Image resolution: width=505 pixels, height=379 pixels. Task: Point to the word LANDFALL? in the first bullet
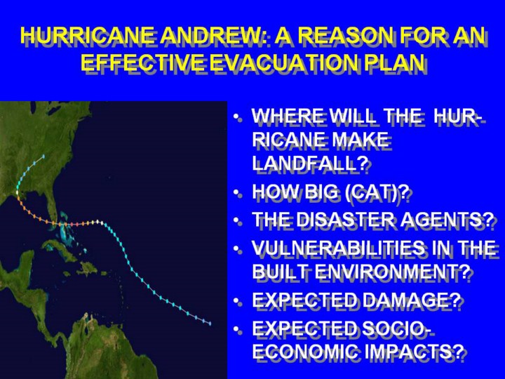(310, 164)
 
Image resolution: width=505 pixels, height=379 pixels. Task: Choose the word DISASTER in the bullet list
(345, 220)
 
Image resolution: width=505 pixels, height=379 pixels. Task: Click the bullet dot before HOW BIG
(237, 193)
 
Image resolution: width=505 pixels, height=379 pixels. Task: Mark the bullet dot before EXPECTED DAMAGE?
(237, 300)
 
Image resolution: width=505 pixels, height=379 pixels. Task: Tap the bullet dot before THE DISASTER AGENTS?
(237, 220)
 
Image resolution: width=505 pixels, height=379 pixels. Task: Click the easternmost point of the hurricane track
(210, 324)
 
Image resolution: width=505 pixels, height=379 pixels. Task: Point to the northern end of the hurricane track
(43, 157)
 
